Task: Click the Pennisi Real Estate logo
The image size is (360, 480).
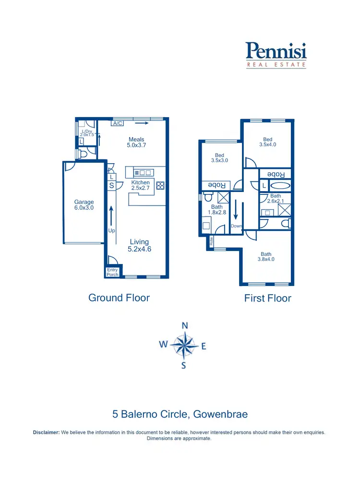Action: coord(276,55)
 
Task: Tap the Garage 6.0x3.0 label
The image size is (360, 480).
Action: coord(84,205)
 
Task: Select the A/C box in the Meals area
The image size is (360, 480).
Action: coord(117,123)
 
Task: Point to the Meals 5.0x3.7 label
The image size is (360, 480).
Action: coord(136,142)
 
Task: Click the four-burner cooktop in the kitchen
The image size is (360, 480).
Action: coord(160,186)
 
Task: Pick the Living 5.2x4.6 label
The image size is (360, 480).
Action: coord(139,245)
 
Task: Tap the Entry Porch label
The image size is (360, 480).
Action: coord(112,272)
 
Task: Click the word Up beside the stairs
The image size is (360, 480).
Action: coord(112,231)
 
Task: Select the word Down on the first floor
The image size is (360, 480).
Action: coord(236,226)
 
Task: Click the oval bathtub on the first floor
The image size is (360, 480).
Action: coord(279,185)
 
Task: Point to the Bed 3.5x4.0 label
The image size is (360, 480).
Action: coord(267,142)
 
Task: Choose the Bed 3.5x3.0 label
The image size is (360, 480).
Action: coord(219,158)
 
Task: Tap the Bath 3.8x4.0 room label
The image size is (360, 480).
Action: coord(266,257)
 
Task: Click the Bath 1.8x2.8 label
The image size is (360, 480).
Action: coord(216,209)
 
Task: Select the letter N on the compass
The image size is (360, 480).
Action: coord(185,325)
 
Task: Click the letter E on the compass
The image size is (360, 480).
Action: coord(204,346)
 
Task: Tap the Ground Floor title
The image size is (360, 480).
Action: coord(119,298)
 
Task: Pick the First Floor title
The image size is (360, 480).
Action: coord(267,298)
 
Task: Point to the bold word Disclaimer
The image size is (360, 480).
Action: coord(46,432)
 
